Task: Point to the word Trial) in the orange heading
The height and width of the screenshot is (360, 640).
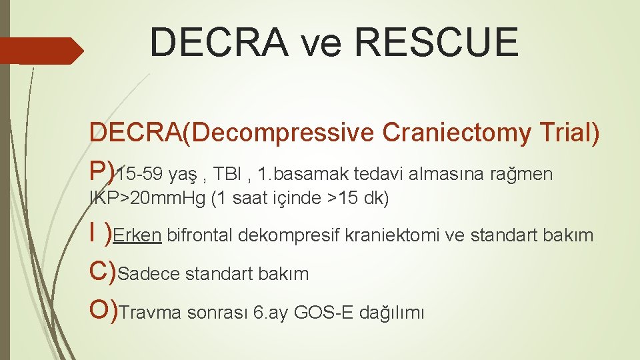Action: pos(571,133)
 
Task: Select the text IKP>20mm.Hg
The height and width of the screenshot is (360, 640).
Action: pos(148,199)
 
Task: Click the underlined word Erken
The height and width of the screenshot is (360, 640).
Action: pos(137,235)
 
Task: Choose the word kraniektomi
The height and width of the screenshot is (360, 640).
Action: pos(386,235)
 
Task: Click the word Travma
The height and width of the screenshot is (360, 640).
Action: pos(151,313)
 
